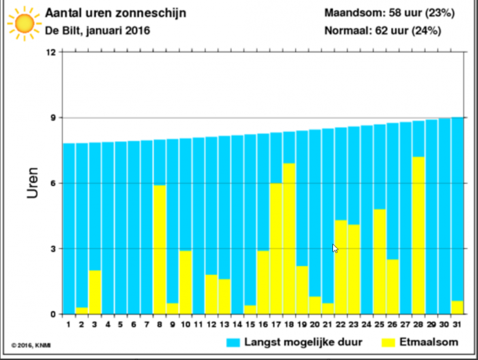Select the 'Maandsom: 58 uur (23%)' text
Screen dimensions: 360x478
tap(389, 12)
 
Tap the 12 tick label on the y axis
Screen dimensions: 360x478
tap(52, 52)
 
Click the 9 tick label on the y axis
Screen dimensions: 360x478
tap(54, 118)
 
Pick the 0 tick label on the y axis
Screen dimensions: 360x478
tap(54, 314)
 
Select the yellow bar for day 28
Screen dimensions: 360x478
tap(419, 235)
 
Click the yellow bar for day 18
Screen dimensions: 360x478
tap(289, 238)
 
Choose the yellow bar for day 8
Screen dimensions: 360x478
tap(159, 250)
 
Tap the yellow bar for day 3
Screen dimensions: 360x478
tap(95, 292)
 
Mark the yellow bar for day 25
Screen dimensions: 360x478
tap(380, 261)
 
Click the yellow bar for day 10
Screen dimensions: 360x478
tap(185, 282)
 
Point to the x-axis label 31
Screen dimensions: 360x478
tap(458, 324)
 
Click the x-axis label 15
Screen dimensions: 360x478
tap(250, 324)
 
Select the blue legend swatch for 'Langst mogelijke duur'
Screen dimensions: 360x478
tap(234, 342)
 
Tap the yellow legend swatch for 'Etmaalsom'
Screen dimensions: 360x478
tap(388, 342)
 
